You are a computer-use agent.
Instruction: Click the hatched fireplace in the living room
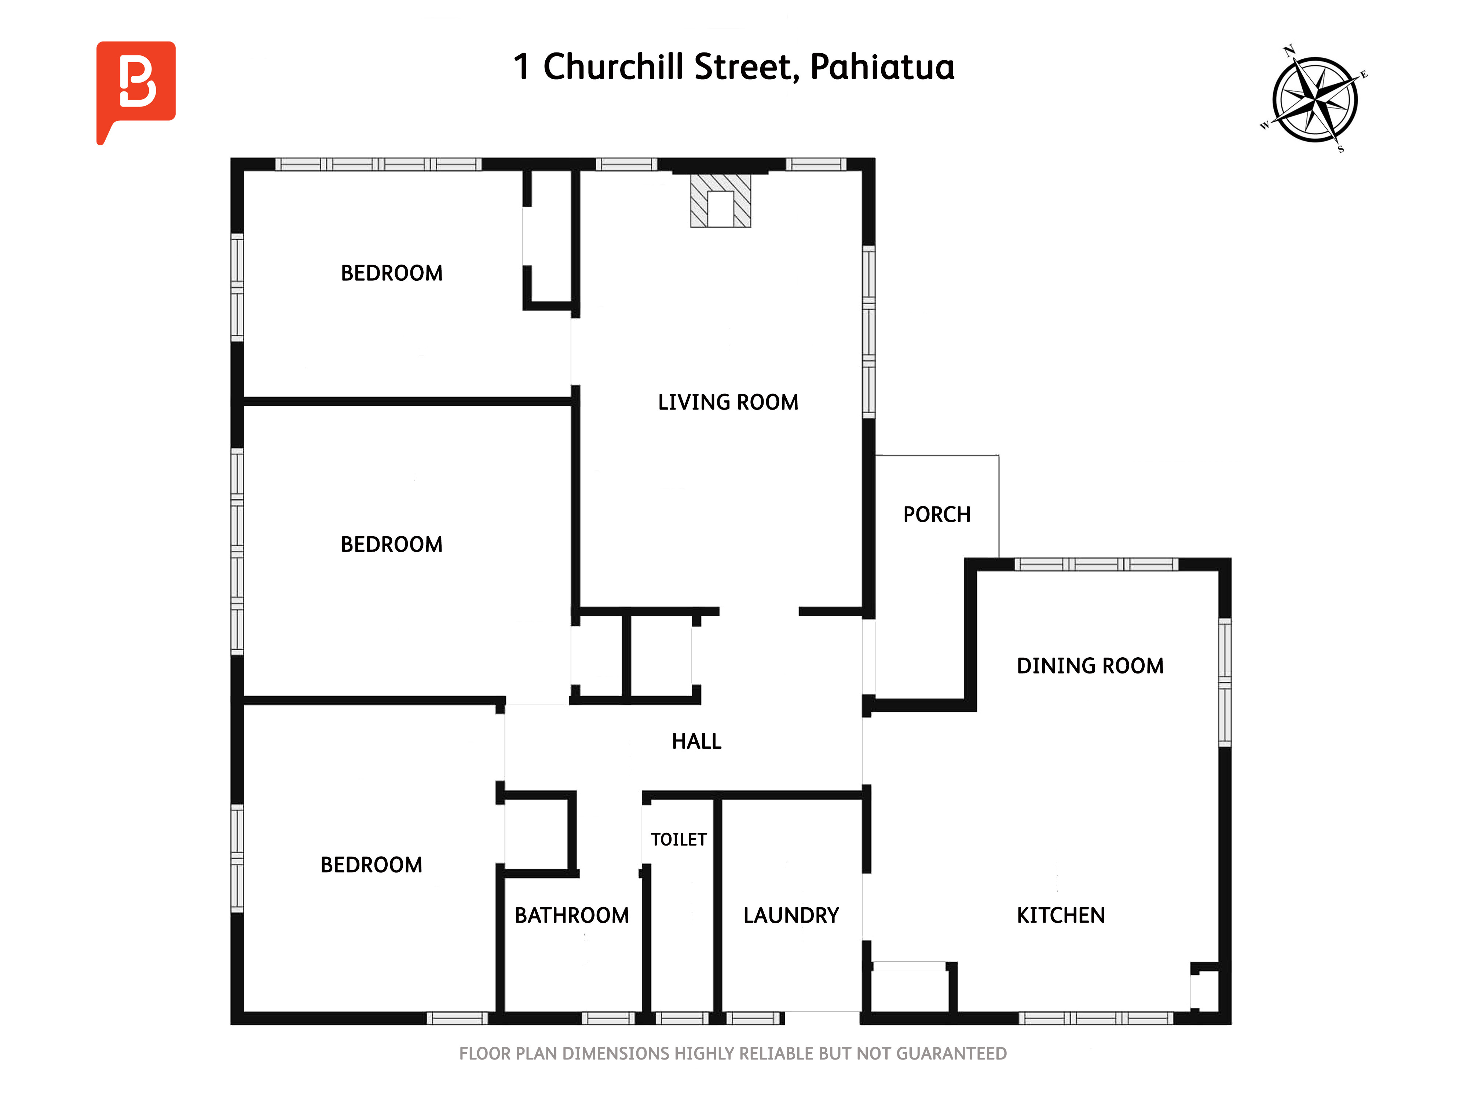[x=720, y=200]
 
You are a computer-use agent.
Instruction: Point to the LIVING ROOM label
[x=728, y=402]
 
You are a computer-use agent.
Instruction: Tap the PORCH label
[x=936, y=514]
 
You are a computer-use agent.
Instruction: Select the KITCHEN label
[x=1061, y=915]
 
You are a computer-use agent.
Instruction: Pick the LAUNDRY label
[x=791, y=915]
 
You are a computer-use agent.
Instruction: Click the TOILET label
[x=678, y=840]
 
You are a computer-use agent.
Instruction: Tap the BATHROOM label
[x=572, y=915]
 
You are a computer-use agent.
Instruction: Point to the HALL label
[x=696, y=741]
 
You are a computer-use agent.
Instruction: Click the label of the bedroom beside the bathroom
[x=372, y=865]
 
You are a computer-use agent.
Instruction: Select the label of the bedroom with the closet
[x=391, y=273]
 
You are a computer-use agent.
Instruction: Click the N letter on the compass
[x=1289, y=50]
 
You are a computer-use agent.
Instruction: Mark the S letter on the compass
[x=1340, y=149]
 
